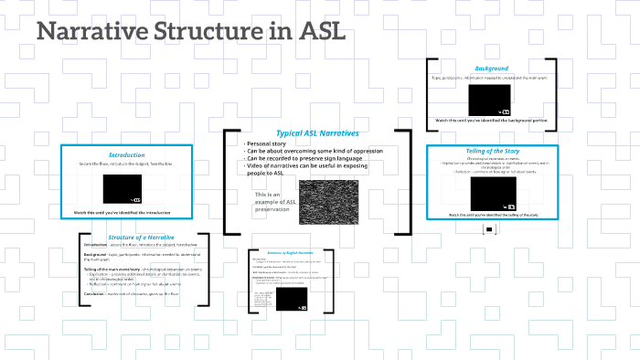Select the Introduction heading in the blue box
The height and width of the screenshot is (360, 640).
coord(126,154)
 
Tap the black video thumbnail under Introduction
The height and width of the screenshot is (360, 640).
coord(123,188)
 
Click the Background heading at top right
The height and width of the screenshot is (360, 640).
coord(491,69)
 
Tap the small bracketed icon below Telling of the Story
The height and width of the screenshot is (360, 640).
coord(489,230)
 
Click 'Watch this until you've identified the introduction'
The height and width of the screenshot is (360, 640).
coord(126,213)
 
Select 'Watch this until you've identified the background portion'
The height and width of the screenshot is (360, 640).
coord(491,120)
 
